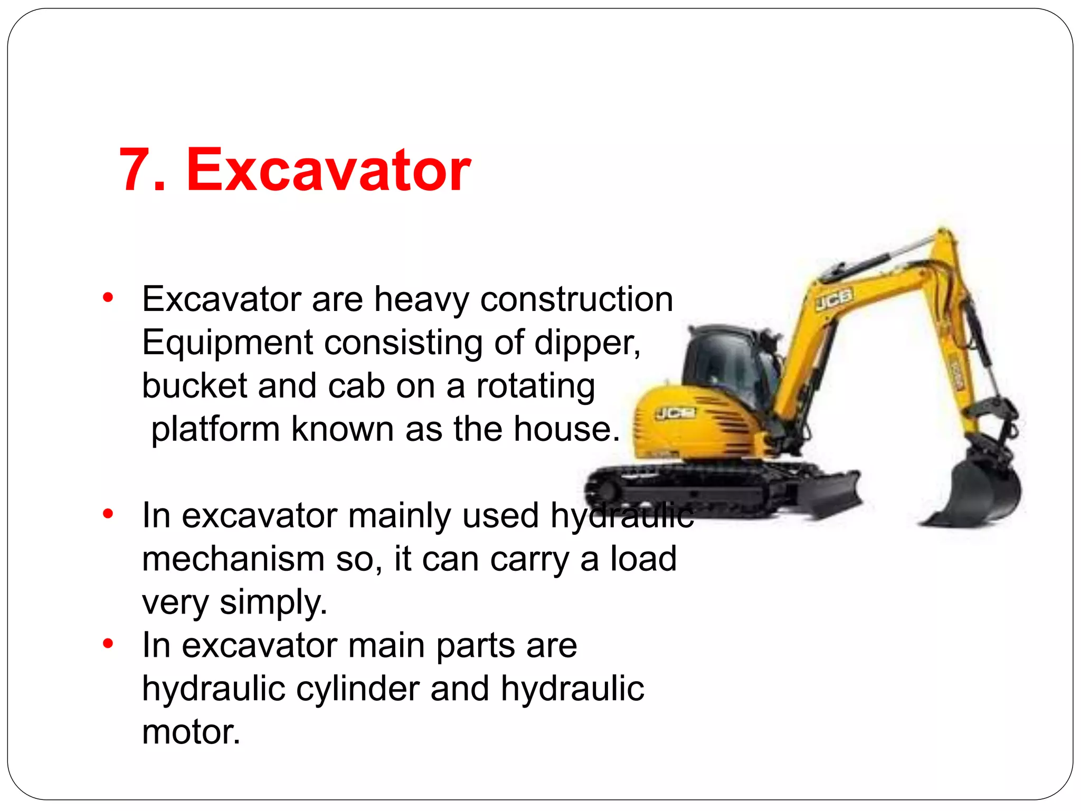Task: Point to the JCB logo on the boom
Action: click(834, 299)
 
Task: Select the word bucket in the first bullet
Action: click(194, 386)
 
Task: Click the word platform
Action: click(215, 429)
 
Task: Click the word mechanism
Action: click(233, 559)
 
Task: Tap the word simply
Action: click(273, 602)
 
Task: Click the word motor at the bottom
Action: click(191, 732)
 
